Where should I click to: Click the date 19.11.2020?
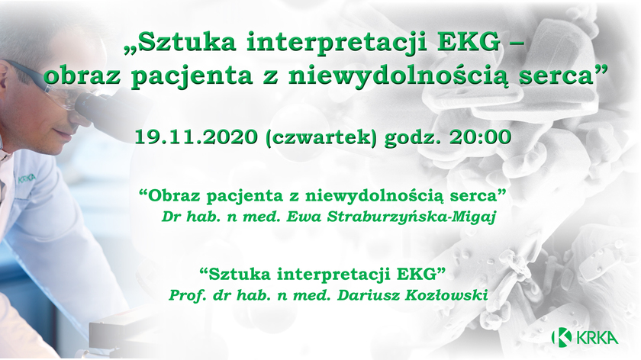[x=196, y=137]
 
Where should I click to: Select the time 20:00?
[x=480, y=137]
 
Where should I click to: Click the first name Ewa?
[x=300, y=216]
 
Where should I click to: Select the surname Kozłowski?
[x=446, y=294]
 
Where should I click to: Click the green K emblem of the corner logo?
[x=562, y=337]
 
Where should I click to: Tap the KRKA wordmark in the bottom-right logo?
[x=597, y=338]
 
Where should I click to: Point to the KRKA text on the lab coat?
[x=27, y=178]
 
